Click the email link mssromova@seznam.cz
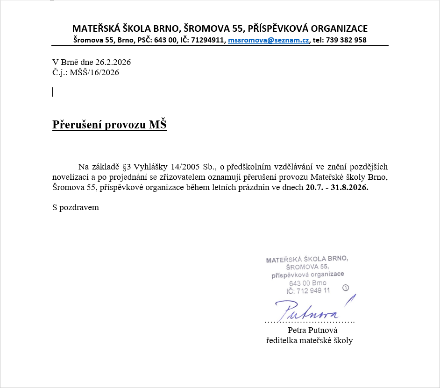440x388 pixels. coord(268,40)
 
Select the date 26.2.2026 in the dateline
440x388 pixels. coord(113,62)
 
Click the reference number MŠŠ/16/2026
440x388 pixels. coord(94,72)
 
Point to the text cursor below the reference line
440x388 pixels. coord(53,92)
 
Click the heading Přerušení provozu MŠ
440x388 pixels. coord(109,125)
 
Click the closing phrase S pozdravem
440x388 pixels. coord(76,207)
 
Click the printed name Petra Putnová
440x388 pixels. coord(309,331)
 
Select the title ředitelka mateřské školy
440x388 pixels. coord(309,340)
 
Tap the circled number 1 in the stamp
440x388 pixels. coord(346,288)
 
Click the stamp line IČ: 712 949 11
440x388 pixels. coord(308,290)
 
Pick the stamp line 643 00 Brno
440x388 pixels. coord(308,283)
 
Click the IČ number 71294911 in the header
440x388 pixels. coord(208,40)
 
